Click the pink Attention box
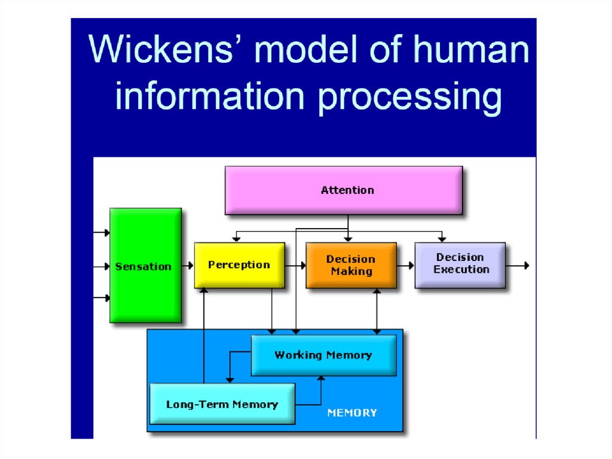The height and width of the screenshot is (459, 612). (344, 190)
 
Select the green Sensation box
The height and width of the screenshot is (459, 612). (145, 266)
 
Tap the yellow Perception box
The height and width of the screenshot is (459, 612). (239, 265)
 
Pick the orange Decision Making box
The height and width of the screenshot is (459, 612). (351, 265)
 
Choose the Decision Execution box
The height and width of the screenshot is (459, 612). (460, 264)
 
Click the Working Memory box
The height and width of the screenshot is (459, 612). (323, 355)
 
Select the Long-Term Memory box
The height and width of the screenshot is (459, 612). (222, 404)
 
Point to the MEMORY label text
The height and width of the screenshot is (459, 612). (352, 413)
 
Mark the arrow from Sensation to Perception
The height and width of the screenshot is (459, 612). (188, 265)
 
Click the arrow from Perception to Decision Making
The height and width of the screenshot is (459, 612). (295, 265)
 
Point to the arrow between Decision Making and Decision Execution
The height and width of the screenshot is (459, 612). (406, 265)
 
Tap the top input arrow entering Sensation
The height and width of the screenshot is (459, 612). (102, 233)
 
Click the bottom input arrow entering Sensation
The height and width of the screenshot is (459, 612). (102, 297)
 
